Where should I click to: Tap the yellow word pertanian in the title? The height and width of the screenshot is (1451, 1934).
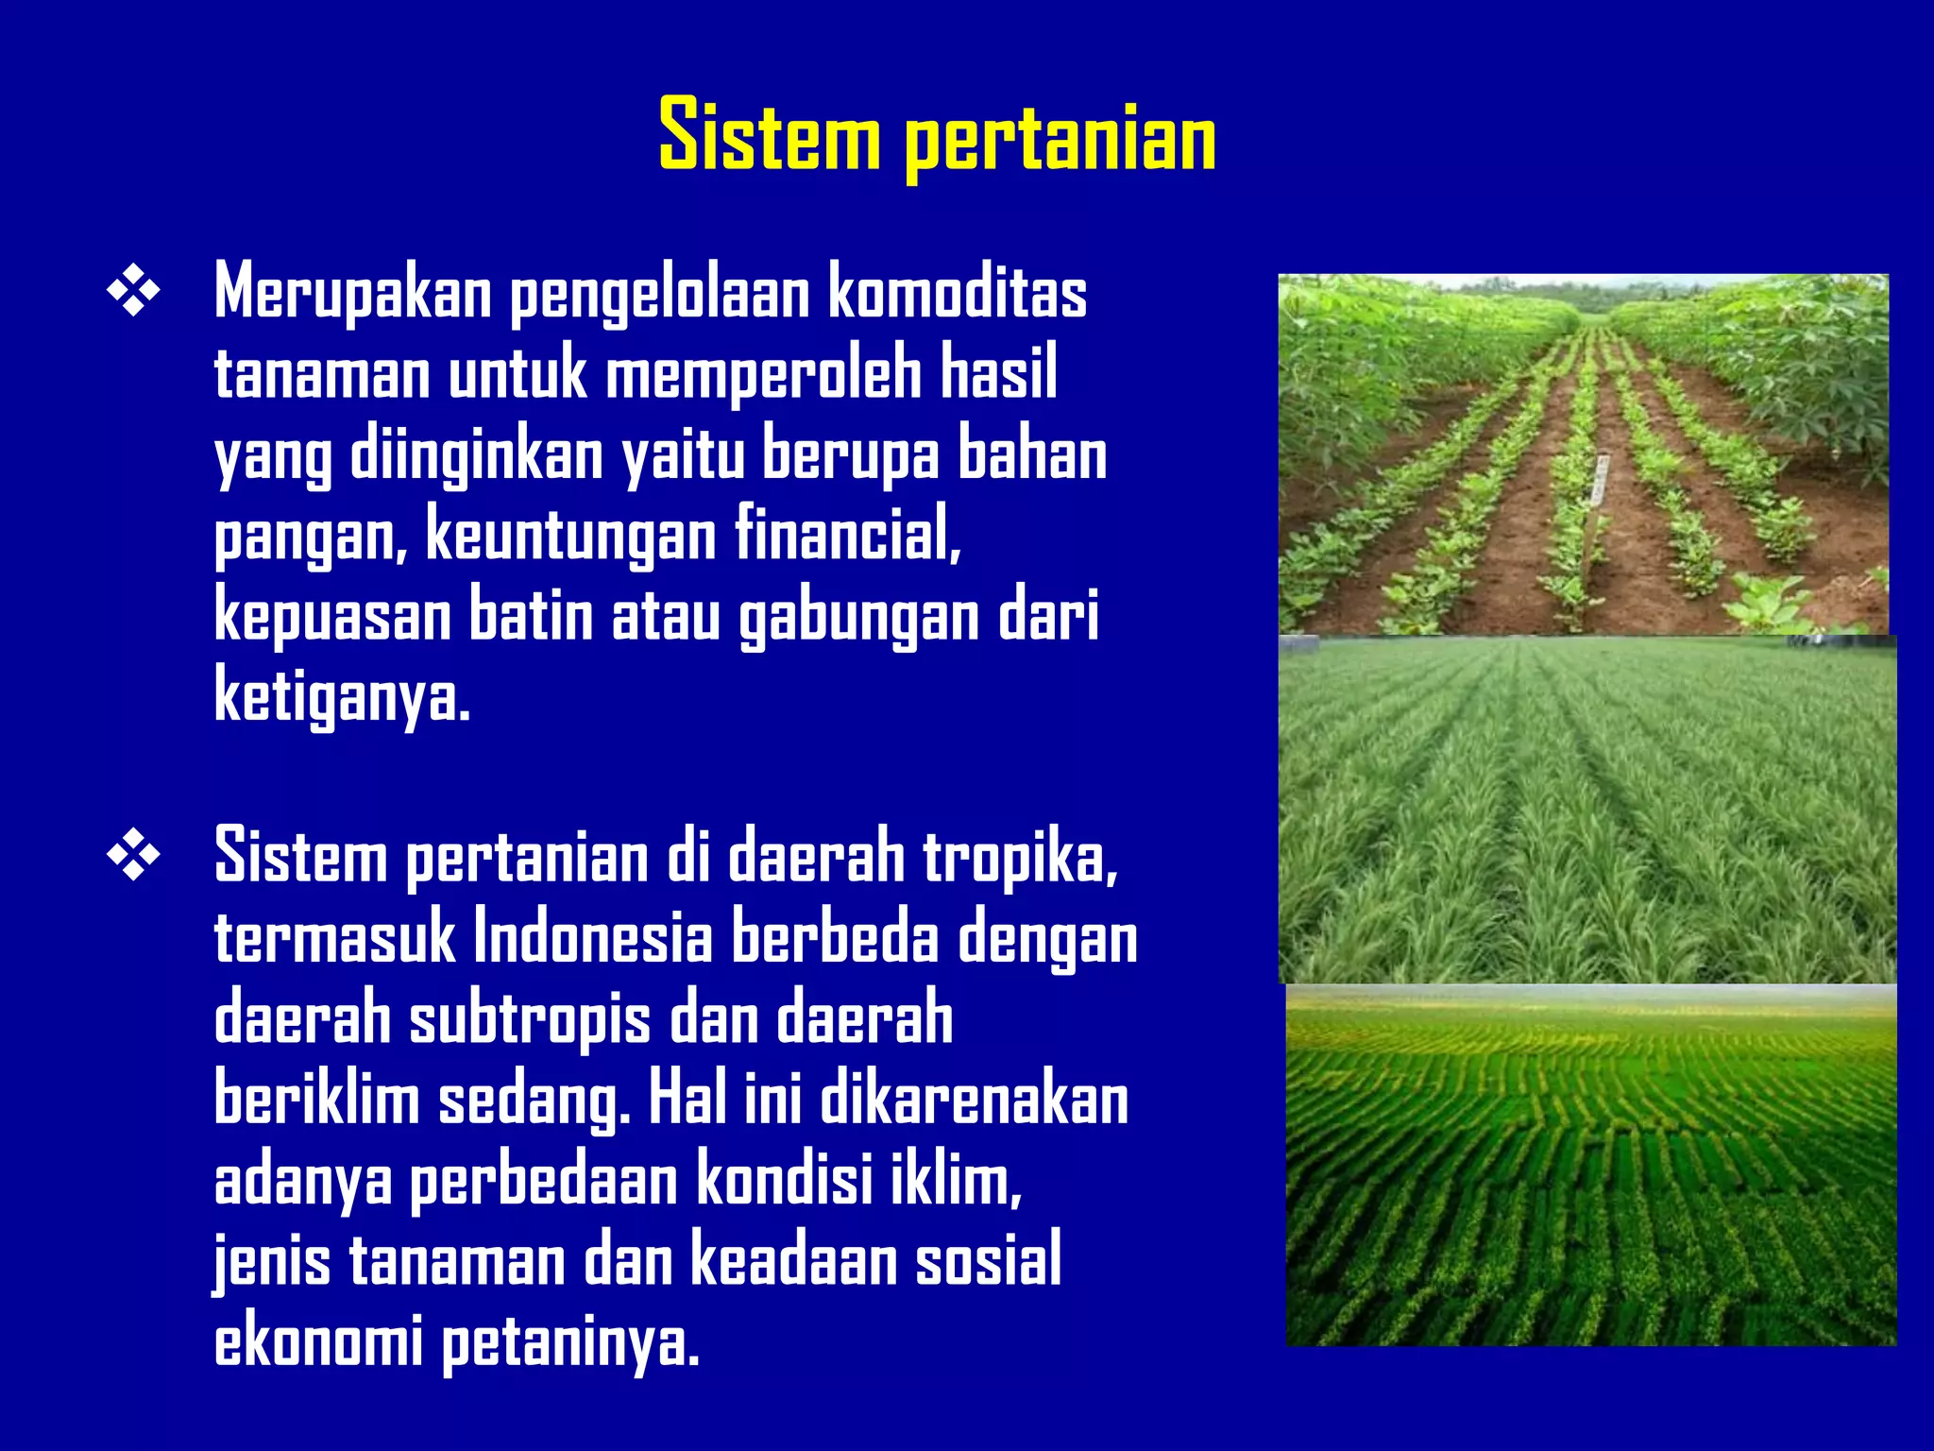(x=1060, y=140)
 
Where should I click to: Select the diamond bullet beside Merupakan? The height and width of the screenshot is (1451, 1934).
(x=133, y=294)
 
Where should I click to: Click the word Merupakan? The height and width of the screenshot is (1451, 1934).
(x=352, y=294)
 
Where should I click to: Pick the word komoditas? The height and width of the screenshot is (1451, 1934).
(x=958, y=294)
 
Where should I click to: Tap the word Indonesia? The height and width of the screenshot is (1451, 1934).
(x=592, y=938)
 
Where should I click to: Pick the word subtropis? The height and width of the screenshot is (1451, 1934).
(x=530, y=1019)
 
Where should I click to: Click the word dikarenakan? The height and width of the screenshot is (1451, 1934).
(x=974, y=1101)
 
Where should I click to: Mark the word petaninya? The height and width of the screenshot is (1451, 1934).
(x=570, y=1342)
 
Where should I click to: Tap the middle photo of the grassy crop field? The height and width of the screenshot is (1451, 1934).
(x=1586, y=810)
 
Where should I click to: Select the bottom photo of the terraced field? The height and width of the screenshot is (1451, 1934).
(x=1591, y=1165)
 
